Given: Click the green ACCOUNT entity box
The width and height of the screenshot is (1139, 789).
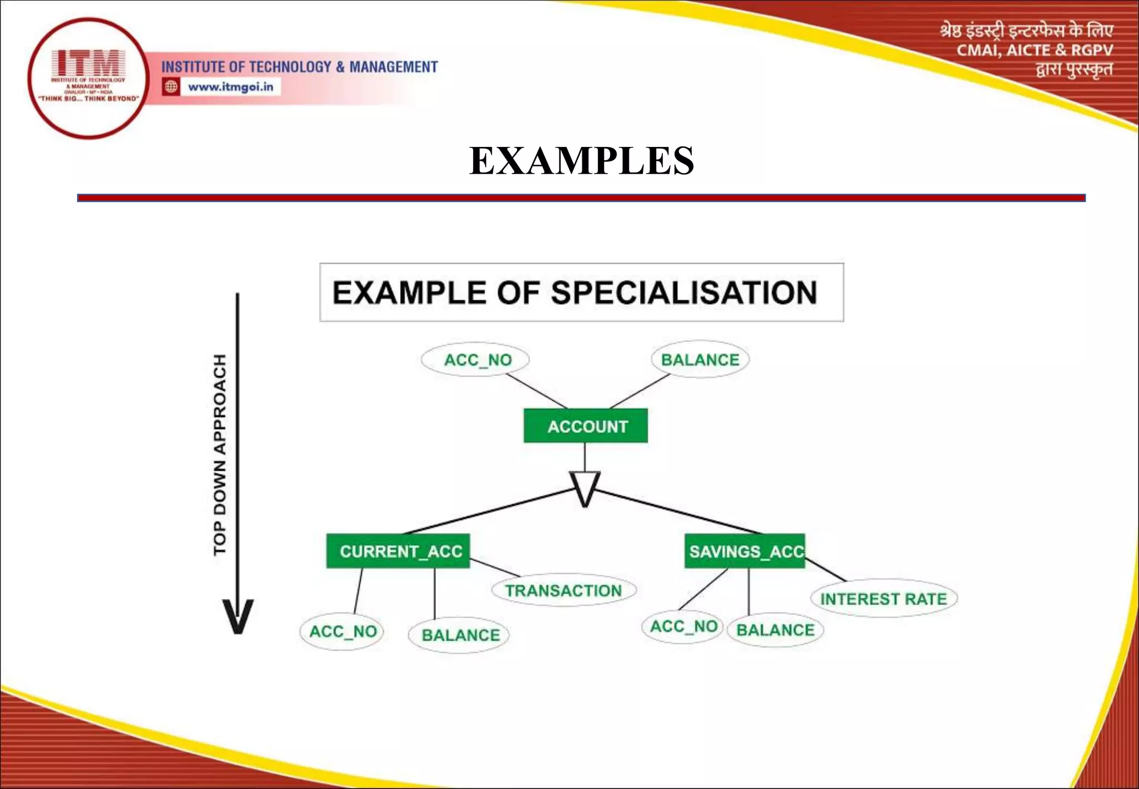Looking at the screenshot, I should click(586, 426).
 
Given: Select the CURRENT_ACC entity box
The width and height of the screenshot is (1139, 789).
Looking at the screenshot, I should click(398, 551).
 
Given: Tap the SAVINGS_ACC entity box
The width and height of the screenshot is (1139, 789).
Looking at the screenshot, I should click(745, 551).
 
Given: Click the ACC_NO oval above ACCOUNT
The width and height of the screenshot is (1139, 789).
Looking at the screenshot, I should click(476, 360).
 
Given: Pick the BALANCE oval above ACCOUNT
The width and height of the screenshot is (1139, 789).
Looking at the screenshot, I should click(700, 359).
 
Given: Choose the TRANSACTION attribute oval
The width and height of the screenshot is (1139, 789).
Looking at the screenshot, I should click(563, 590).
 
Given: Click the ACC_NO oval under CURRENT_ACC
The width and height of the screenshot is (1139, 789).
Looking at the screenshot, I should click(343, 632).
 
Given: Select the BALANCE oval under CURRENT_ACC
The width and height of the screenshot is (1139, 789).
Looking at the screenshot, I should click(459, 635).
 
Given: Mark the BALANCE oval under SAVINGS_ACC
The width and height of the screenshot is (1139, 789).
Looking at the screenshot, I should click(775, 630).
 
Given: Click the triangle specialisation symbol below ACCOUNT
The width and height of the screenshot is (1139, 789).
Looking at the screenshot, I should click(585, 487).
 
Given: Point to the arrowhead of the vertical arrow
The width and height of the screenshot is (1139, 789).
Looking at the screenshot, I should click(237, 617).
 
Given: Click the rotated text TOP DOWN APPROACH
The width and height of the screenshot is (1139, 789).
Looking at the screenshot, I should click(220, 454).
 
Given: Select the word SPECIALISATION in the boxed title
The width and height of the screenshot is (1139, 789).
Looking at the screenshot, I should click(684, 293).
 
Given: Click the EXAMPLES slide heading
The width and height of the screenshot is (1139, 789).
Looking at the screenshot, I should click(581, 161).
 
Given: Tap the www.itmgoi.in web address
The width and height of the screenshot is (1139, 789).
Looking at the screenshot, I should click(230, 87).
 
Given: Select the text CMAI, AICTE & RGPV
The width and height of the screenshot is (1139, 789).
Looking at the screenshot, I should click(1034, 50).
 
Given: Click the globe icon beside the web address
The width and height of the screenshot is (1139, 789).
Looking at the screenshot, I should click(171, 87).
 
